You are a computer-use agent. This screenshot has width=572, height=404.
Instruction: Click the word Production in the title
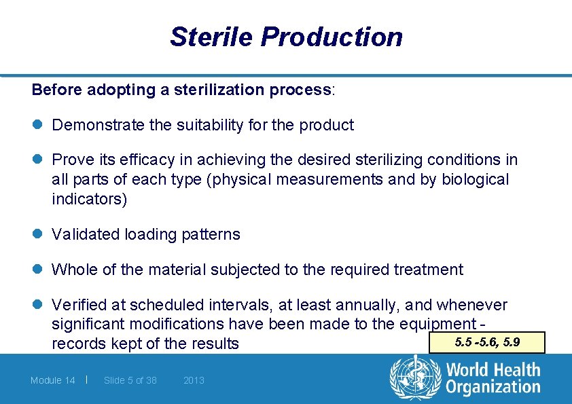pos(332,37)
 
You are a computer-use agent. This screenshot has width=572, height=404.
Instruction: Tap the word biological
pos(475,179)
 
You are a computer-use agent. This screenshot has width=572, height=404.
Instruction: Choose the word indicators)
pos(89,199)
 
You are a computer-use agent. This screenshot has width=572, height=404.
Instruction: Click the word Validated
pos(86,234)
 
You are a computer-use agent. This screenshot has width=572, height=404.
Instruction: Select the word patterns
pos(210,234)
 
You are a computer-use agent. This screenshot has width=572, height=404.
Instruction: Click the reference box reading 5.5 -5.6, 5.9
pos(488,342)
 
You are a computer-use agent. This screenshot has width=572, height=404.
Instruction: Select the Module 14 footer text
pos(53,380)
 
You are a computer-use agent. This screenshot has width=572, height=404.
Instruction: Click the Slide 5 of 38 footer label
pos(130,380)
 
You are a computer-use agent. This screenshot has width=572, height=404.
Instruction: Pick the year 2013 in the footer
pos(194,380)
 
